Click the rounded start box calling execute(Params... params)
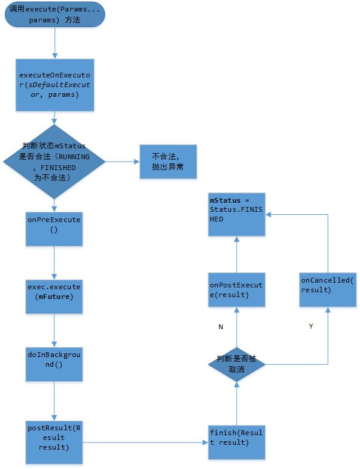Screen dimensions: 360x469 [54, 15]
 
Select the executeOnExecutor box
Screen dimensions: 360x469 [54, 85]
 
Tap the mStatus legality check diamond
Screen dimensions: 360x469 [54, 162]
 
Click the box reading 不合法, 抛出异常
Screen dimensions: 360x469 [168, 162]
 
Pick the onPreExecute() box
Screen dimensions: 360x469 [54, 229]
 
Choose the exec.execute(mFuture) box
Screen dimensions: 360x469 [54, 297]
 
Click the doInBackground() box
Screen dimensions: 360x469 [54, 364]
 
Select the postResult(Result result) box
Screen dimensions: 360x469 [54, 442]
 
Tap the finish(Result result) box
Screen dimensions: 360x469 [237, 442]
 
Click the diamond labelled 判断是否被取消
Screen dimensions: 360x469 [237, 364]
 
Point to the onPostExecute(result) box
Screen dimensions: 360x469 [237, 289]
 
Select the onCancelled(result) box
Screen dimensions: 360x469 [328, 289]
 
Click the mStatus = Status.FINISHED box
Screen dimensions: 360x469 [237, 214]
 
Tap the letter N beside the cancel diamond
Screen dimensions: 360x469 [221, 327]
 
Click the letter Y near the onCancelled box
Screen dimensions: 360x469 [311, 326]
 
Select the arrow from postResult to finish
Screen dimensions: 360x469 [145, 442]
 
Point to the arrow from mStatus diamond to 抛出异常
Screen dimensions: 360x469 [123, 162]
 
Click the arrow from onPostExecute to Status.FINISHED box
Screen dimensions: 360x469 [237, 254]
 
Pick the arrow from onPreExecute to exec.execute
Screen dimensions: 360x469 [54, 263]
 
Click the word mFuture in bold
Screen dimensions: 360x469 [56, 297]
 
